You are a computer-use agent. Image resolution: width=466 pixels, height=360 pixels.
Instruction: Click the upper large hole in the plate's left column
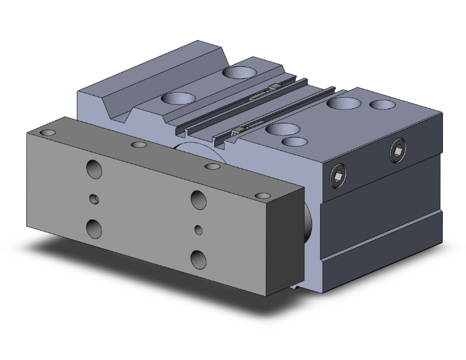pos(95,170)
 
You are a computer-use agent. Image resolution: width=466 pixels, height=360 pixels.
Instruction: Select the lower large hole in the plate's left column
pos(95,228)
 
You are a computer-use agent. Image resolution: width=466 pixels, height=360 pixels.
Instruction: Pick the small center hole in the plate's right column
pos(199,229)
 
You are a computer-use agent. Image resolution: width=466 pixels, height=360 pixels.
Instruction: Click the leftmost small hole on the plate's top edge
pos(48,133)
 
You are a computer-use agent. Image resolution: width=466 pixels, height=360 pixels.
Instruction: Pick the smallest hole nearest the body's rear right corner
pos(379,103)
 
